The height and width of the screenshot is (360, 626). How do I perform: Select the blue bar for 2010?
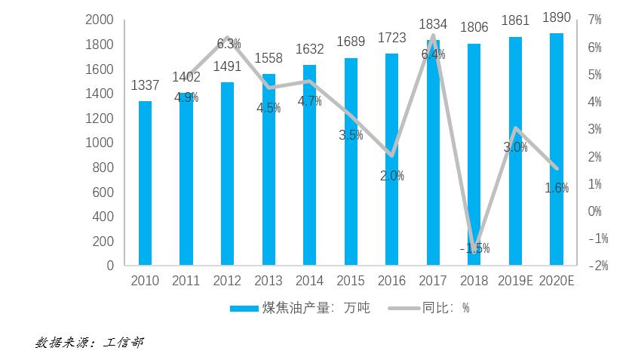145,183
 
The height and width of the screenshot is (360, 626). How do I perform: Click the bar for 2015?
351,162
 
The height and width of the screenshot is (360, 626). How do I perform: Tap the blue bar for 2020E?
557,149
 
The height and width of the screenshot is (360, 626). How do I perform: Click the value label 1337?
145,85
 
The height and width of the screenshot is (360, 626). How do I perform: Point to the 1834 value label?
433,24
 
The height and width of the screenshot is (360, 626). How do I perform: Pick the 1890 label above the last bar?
557,17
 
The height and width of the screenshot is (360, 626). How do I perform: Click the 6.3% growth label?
229,44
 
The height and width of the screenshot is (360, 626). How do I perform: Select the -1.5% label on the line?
474,248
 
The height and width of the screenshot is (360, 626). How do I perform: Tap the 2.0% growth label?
392,175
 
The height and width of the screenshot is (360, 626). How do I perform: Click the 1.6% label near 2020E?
557,188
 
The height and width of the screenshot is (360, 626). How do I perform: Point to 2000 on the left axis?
100,20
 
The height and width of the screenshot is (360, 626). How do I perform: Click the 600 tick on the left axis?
103,192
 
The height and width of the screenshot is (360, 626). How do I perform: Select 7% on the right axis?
594,20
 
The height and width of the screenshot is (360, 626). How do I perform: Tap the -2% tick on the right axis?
598,266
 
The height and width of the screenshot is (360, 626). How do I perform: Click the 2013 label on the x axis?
269,281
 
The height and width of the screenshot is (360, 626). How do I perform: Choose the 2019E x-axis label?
515,281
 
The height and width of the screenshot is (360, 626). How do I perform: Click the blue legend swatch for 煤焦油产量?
244,309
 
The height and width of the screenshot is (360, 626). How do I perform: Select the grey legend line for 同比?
404,308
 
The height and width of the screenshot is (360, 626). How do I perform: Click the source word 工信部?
123,343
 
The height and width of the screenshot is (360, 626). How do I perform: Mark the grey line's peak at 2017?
433,37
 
